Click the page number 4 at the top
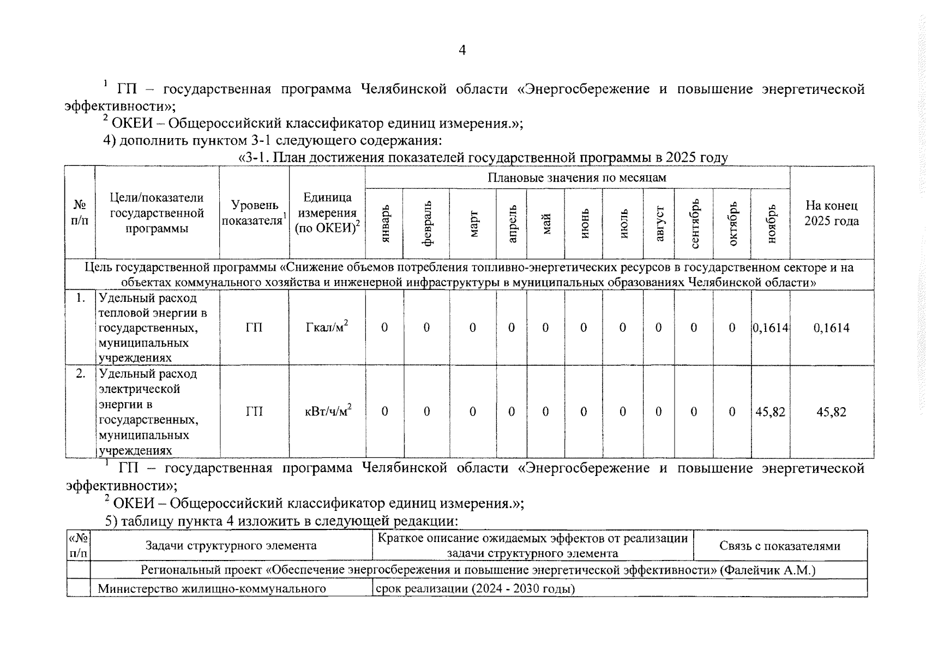point(462,51)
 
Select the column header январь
point(385,224)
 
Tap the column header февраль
point(427,224)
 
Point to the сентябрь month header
point(694,224)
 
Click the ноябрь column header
point(771,224)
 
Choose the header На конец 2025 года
point(831,213)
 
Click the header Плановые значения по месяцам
point(577,178)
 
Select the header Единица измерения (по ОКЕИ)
point(327,213)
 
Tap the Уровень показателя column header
point(254,213)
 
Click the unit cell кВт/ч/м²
point(328,411)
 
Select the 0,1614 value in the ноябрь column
point(771,327)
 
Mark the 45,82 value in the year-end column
point(831,412)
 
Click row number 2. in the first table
point(81,374)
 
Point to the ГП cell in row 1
point(254,327)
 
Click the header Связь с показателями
point(779,546)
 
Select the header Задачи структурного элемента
point(231,546)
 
